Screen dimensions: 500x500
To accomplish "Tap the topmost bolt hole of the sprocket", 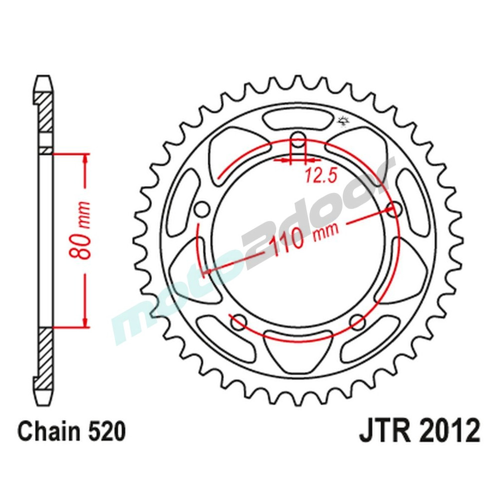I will (298, 139).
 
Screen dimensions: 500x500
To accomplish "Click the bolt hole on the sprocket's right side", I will (394, 209).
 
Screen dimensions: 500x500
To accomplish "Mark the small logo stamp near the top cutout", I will (342, 120).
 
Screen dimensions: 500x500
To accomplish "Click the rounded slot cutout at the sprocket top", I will (298, 120).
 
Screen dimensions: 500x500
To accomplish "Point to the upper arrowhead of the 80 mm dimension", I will (85, 160).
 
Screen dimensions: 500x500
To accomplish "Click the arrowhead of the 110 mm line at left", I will (206, 272).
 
